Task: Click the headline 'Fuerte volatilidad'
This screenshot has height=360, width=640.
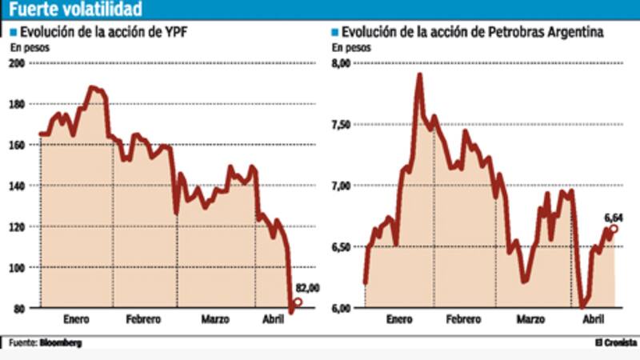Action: point(76,10)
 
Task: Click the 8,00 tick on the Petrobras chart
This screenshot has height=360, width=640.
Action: point(342,63)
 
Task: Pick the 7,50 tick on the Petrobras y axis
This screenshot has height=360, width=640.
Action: point(342,125)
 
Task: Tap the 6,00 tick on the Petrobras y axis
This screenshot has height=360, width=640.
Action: point(342,308)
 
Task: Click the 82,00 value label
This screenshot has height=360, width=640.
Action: point(308,289)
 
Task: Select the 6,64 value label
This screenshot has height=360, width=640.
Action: point(614,217)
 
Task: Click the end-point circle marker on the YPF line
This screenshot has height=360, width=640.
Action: point(298,302)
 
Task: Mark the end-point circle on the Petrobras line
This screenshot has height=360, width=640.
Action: point(614,229)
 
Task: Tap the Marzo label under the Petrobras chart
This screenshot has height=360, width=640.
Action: point(530,319)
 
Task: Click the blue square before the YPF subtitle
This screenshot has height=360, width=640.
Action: point(13,33)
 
